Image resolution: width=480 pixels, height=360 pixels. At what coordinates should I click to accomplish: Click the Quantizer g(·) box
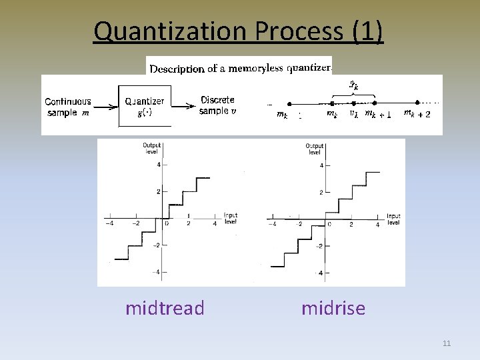click(144, 106)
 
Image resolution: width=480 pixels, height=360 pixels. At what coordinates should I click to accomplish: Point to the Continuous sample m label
click(67, 107)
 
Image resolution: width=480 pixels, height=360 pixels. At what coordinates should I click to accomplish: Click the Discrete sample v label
click(217, 105)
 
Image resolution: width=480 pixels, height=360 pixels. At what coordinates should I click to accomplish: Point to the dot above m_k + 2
click(417, 103)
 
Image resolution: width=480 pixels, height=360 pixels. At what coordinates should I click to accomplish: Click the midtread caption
click(165, 308)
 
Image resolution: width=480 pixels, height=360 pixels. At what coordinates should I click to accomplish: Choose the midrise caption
click(333, 308)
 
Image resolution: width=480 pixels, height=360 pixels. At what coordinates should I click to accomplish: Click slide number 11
click(447, 343)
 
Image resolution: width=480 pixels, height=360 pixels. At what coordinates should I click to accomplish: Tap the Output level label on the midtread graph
click(152, 149)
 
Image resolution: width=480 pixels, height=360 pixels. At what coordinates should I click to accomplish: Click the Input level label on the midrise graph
click(393, 219)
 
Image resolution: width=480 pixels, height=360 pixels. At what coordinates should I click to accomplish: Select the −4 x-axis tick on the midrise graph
click(272, 225)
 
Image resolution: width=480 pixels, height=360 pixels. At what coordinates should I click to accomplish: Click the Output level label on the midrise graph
click(315, 149)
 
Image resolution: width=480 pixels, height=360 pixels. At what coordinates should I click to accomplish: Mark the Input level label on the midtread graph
click(231, 219)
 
